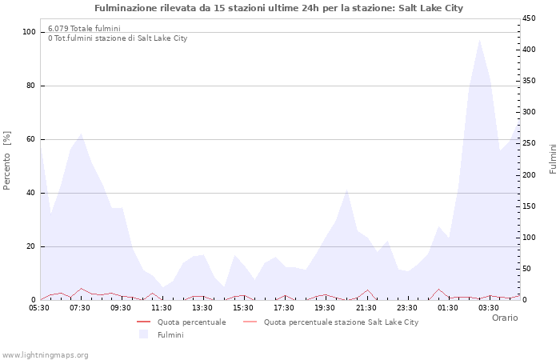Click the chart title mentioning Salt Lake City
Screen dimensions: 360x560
coord(278,8)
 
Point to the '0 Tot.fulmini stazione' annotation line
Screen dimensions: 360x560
coord(118,38)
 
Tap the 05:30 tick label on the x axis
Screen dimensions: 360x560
coord(40,307)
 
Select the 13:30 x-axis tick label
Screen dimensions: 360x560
coord(202,307)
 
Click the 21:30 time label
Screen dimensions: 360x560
coord(366,307)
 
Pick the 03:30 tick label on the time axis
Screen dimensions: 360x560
coord(489,307)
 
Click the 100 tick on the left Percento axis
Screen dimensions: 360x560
coord(30,32)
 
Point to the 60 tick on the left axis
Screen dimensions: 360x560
coord(31,139)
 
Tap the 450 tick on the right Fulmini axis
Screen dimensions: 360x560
coord(530,18)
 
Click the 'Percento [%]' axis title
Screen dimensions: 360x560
coord(8,160)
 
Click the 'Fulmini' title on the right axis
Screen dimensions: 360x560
coord(553,158)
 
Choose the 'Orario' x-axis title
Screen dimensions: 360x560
coord(504,318)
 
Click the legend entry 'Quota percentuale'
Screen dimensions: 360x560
coord(191,322)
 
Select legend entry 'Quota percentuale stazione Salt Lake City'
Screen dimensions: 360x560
coord(341,322)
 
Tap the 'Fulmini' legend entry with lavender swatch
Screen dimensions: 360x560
coord(170,334)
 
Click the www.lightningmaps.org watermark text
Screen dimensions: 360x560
coord(45,354)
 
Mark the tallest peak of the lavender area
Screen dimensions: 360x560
coord(479,40)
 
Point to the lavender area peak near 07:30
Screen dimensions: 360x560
coord(81,134)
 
